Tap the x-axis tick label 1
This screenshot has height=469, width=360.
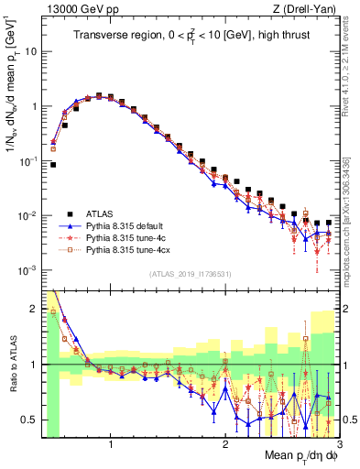click(x=111, y=445)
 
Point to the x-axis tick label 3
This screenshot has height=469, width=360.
click(x=338, y=445)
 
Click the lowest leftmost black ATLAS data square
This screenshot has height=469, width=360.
click(x=53, y=165)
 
